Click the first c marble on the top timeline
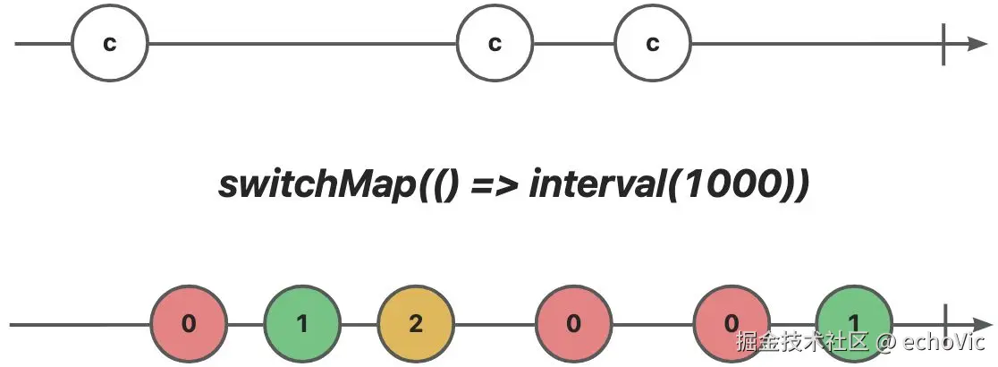point(109,44)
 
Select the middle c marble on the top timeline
point(495,44)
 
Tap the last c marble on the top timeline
point(653,44)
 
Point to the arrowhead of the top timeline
point(977,44)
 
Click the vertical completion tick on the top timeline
point(944,44)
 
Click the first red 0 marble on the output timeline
point(189,323)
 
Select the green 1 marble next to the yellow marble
point(302,323)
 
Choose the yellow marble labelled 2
point(416,323)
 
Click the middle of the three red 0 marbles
point(574,323)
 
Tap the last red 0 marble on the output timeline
point(732,323)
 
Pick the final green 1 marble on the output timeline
point(854,323)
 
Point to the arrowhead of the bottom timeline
point(977,323)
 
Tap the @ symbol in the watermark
point(885,341)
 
